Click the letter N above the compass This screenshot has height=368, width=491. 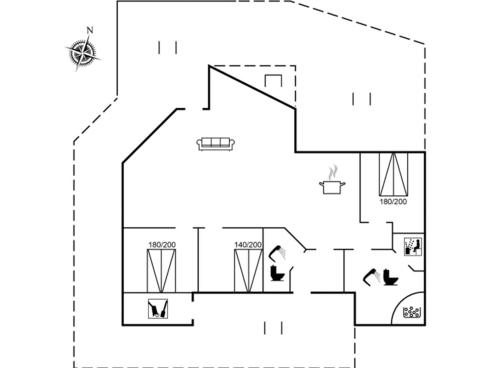coord(90,30)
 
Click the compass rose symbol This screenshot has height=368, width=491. coord(83,54)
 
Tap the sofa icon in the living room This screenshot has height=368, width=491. coord(216,144)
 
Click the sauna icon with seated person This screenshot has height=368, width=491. coord(413,247)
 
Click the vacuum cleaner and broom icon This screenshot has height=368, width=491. coord(158,309)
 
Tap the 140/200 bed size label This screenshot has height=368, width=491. coord(248,245)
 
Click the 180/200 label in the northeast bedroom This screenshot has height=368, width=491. coord(393,202)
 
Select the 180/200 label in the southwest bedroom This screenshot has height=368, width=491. coord(162,245)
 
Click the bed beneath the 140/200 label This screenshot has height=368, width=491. coord(248,271)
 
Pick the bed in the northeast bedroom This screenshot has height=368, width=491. coord(394,174)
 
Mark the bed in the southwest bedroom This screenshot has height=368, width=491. coord(161,271)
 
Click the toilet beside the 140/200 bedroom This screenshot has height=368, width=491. coord(277,273)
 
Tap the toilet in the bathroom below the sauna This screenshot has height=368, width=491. coord(391,277)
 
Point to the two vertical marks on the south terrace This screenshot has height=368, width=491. coord(273,328)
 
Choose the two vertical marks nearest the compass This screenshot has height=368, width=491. coord(168,47)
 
